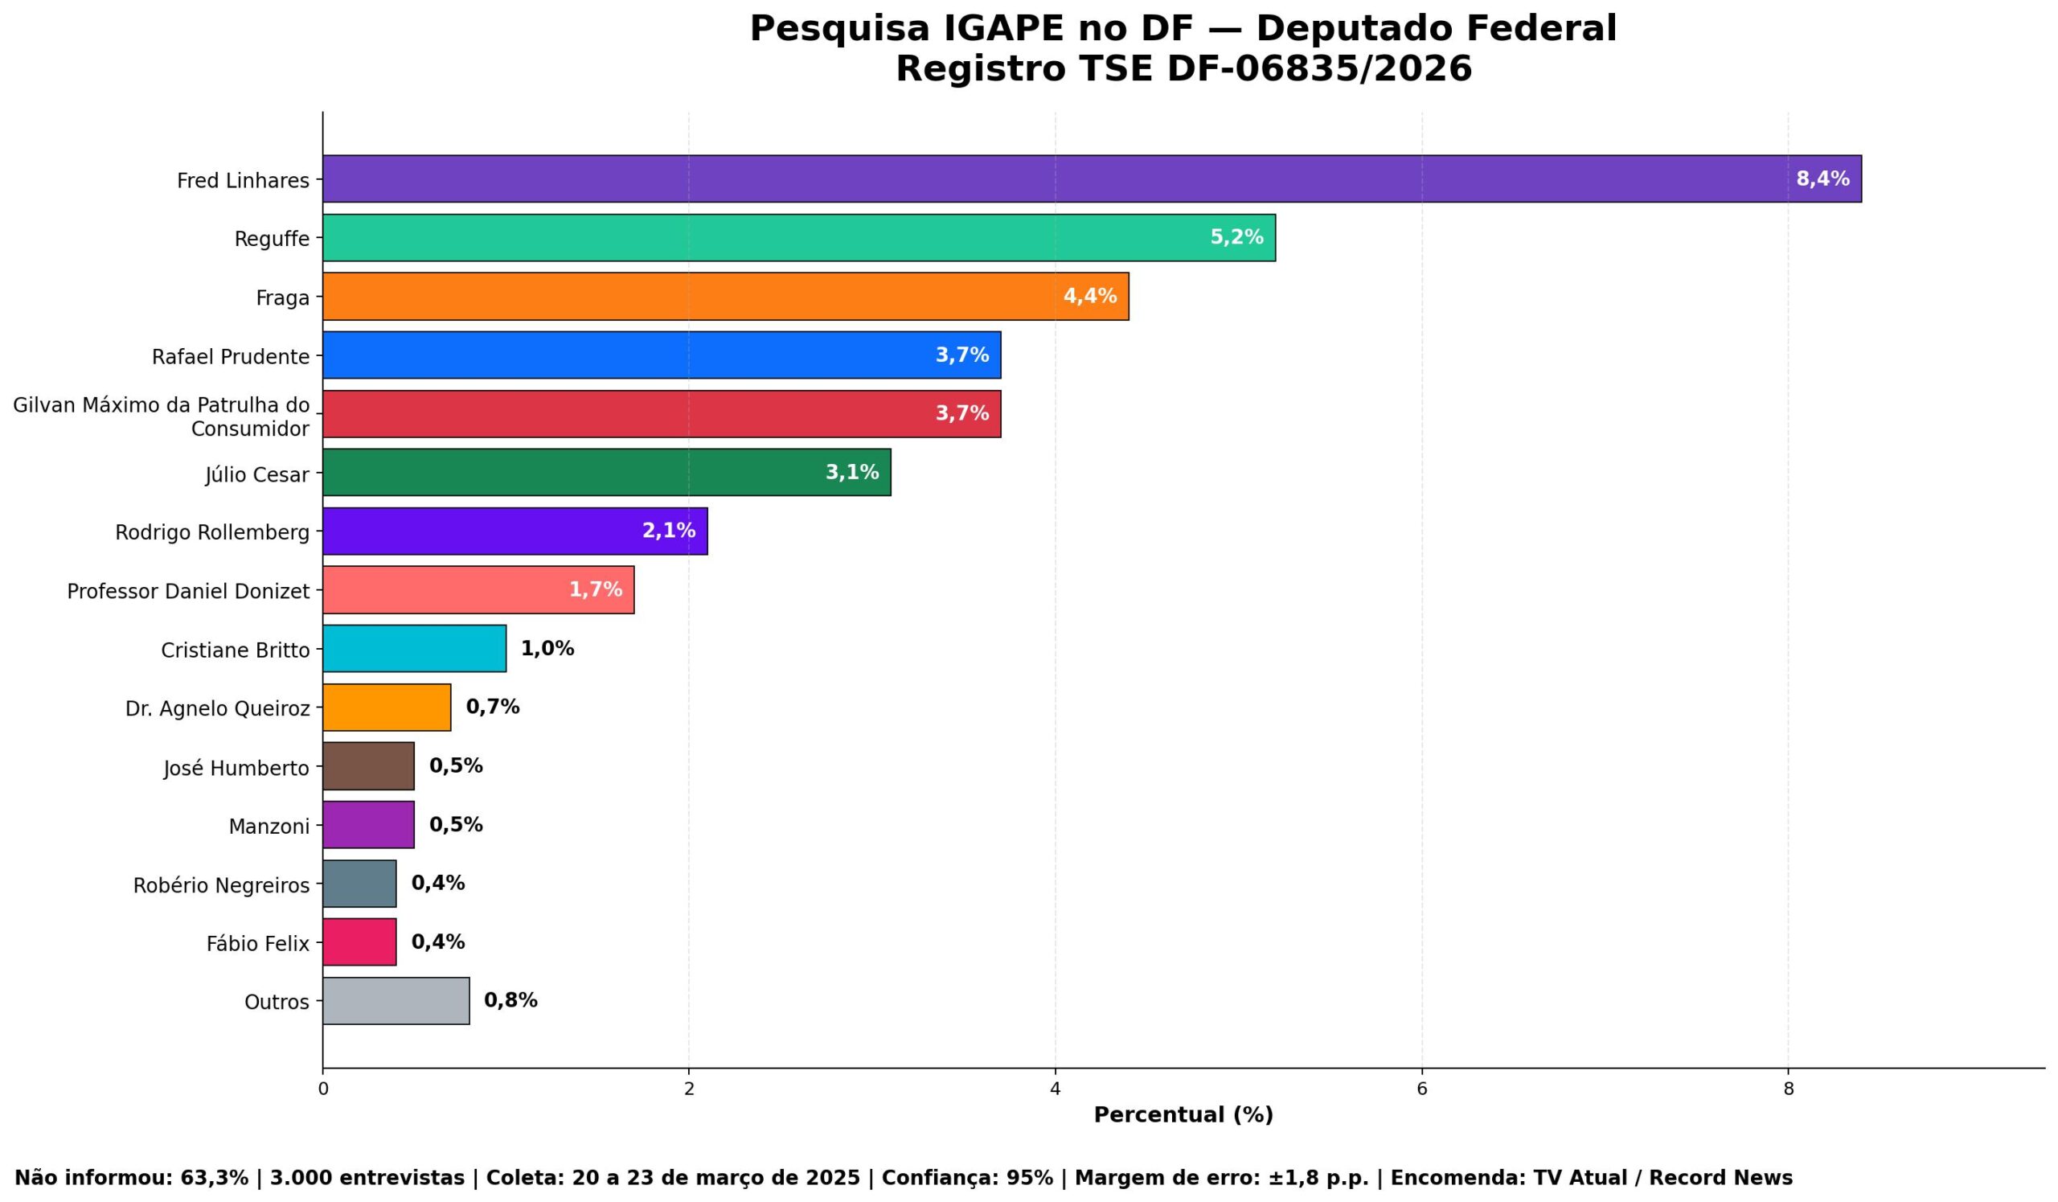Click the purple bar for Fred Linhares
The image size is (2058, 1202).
[x=1091, y=178]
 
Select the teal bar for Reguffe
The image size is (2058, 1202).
[x=799, y=238]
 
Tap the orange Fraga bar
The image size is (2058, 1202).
[x=725, y=297]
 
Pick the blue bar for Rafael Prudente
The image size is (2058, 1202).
[x=662, y=355]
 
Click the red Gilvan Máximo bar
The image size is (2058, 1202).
[x=662, y=414]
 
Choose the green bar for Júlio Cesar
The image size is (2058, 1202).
[x=606, y=473]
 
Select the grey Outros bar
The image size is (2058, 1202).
[x=396, y=1001]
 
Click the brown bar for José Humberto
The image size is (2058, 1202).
[x=368, y=766]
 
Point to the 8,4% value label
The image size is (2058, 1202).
[x=1822, y=178]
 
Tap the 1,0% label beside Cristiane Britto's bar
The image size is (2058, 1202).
[x=547, y=649]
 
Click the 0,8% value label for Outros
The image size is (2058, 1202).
[x=510, y=1001]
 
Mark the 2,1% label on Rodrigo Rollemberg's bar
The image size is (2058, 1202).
[x=668, y=531]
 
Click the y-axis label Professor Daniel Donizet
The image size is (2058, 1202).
[x=188, y=591]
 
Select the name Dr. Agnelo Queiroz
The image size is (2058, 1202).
[x=217, y=709]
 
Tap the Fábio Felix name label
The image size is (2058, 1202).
[x=257, y=944]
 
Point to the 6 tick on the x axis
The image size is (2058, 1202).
[x=1422, y=1089]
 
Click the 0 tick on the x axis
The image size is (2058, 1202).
[x=322, y=1089]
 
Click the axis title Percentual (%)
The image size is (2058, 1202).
[x=1183, y=1114]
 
